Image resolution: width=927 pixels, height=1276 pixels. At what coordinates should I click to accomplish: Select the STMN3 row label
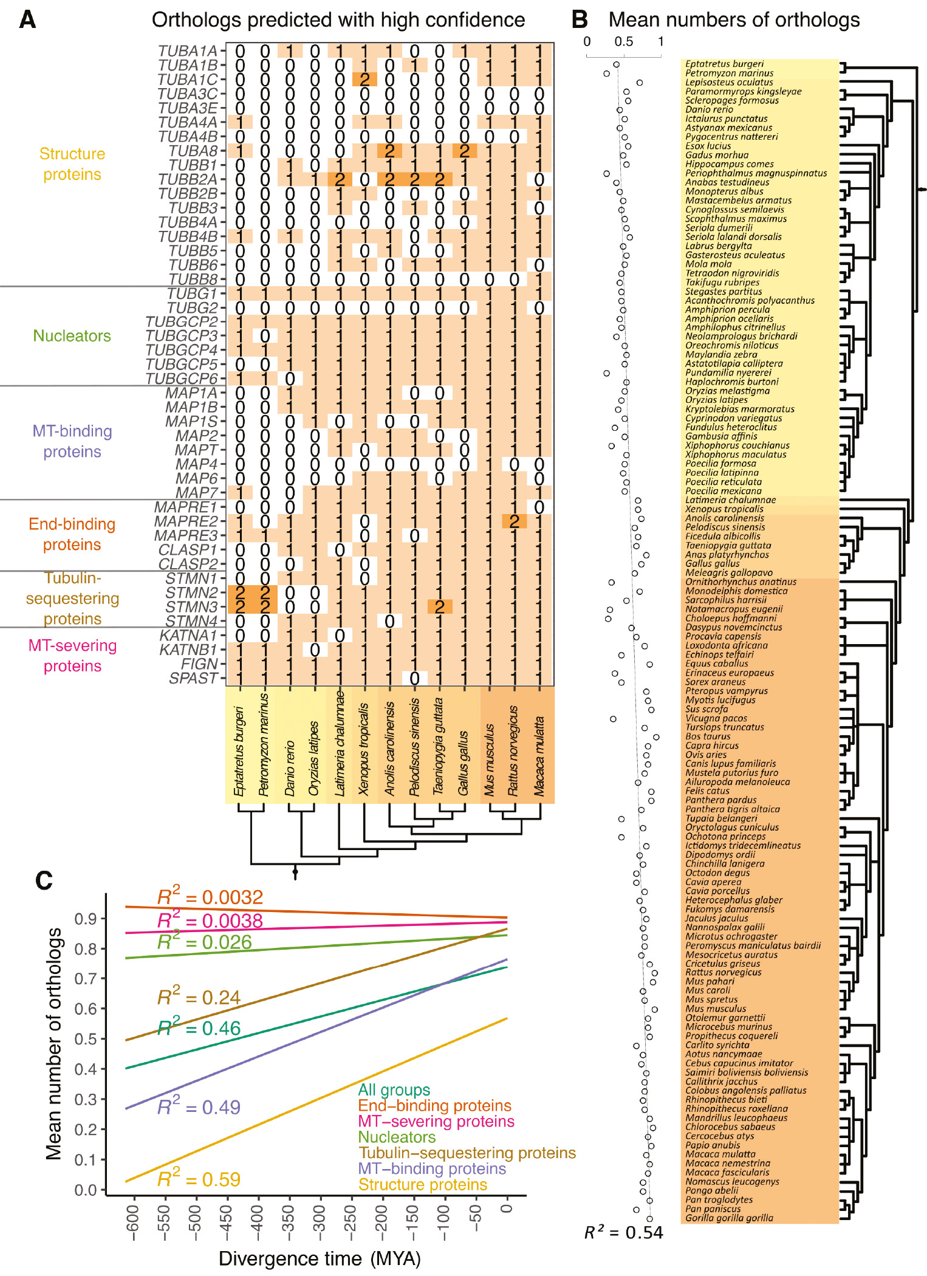191,606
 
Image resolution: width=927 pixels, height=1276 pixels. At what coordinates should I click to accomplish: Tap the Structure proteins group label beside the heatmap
72,164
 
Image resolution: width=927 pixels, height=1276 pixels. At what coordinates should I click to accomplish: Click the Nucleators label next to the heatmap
72,336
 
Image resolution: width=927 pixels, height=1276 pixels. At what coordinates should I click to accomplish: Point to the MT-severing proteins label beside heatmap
72,656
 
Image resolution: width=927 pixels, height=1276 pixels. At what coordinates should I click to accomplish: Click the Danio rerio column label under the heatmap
290,768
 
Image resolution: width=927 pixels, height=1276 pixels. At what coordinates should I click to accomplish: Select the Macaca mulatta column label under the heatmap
539,756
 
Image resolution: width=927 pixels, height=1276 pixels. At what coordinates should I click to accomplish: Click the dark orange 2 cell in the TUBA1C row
364,80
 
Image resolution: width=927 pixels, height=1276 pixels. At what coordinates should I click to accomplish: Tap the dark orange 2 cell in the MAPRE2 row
514,521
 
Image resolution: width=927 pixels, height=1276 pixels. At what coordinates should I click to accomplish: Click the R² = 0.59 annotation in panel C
199,1179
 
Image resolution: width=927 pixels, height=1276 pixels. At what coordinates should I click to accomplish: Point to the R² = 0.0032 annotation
210,897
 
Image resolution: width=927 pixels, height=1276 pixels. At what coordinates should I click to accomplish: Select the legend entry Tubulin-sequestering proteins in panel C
467,1153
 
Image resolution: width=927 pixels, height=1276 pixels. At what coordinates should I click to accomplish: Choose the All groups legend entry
394,1089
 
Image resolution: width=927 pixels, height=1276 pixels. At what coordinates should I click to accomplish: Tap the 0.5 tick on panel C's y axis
86,1038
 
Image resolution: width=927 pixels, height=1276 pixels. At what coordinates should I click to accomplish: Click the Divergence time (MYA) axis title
320,1258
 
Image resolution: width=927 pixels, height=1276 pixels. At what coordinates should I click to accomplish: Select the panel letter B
580,20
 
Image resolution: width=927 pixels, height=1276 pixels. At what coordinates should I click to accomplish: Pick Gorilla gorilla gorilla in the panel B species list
729,1218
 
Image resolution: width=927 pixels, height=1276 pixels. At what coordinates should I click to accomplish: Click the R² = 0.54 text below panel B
623,1232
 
